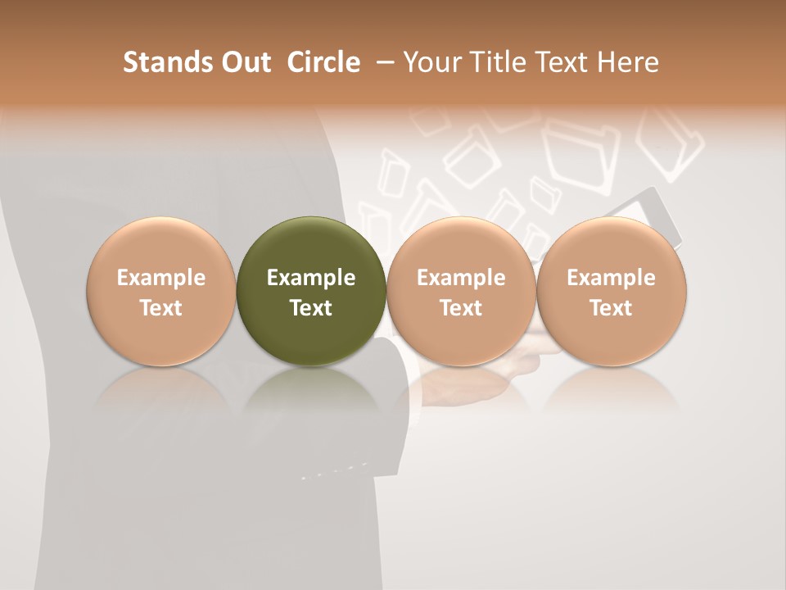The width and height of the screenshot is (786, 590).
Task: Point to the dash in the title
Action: [382, 62]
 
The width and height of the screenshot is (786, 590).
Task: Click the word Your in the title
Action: [432, 62]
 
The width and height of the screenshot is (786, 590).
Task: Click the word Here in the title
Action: [631, 62]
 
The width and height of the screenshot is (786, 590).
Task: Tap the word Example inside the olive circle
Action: [310, 278]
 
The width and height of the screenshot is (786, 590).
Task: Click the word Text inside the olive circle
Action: [310, 308]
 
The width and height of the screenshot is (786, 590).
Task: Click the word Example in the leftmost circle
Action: [160, 278]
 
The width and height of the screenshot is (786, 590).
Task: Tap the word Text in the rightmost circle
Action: [611, 308]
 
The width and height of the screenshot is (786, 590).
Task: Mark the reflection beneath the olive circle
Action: [310, 389]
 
